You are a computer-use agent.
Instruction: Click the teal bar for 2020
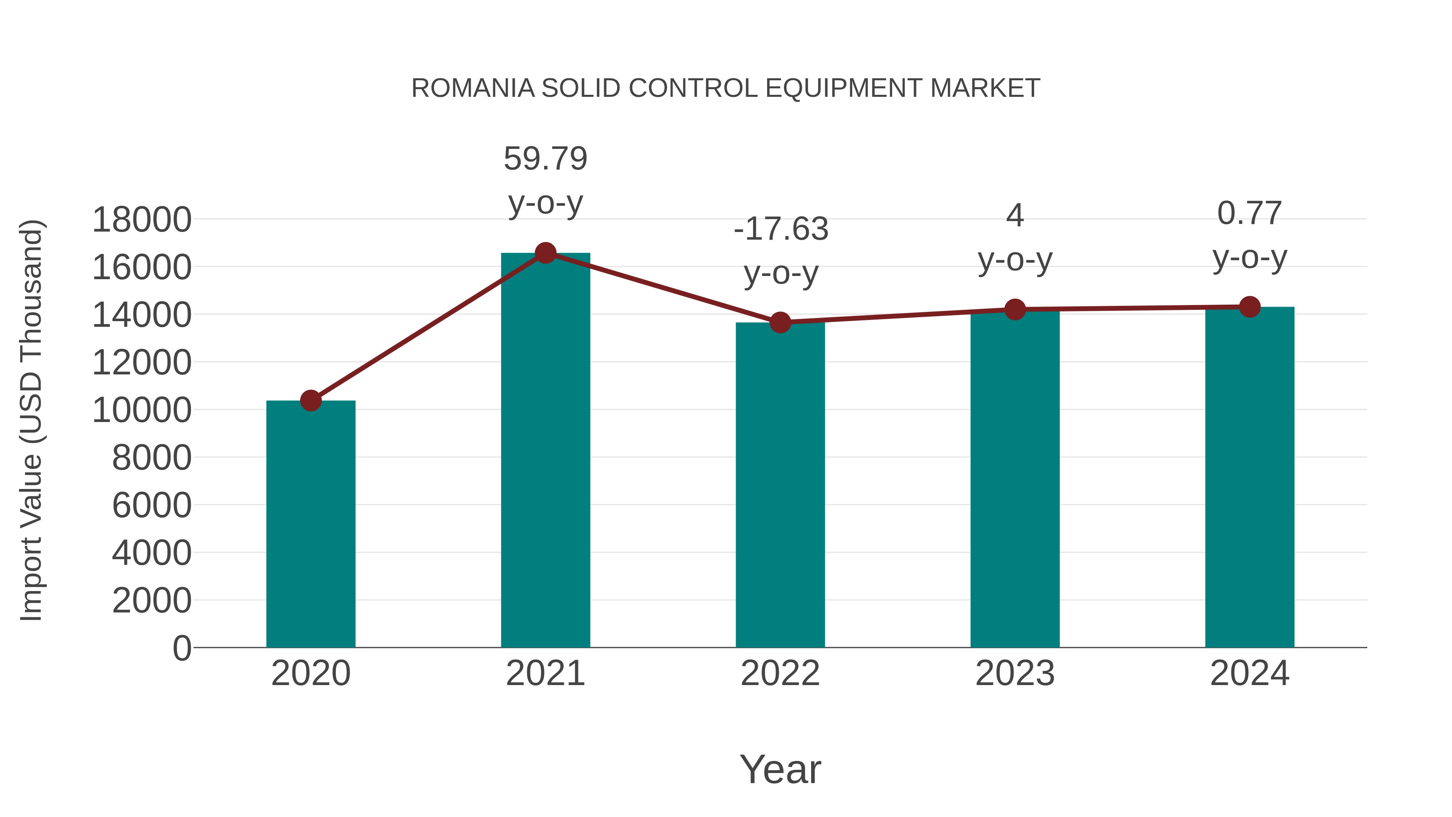(x=311, y=524)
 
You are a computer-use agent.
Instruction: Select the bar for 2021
(x=545, y=451)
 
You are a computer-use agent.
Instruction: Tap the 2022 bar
(x=780, y=485)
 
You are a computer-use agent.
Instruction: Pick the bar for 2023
(x=1015, y=479)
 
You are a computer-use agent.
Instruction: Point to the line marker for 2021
(x=545, y=253)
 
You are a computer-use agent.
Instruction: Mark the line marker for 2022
(x=780, y=322)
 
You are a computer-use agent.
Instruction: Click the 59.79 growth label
(x=545, y=159)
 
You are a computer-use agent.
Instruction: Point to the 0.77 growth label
(x=1250, y=213)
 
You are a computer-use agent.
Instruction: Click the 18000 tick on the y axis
(x=142, y=219)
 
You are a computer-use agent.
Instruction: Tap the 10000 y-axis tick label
(x=142, y=410)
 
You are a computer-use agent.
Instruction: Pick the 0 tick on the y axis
(x=182, y=648)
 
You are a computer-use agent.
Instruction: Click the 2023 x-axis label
(x=1015, y=673)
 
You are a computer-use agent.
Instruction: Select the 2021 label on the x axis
(x=545, y=673)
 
